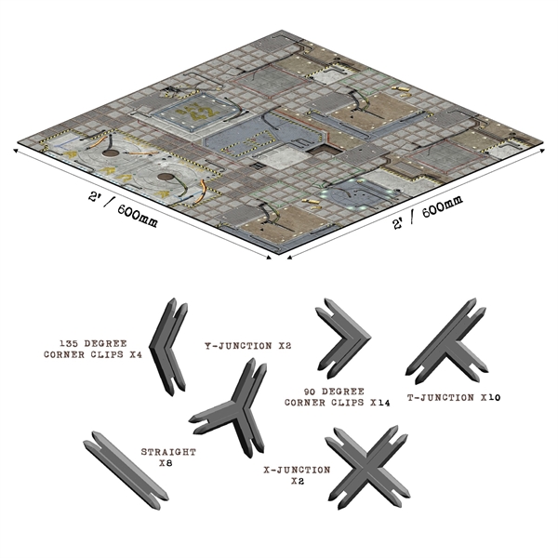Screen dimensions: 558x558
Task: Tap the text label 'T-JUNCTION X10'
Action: click(x=453, y=397)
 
